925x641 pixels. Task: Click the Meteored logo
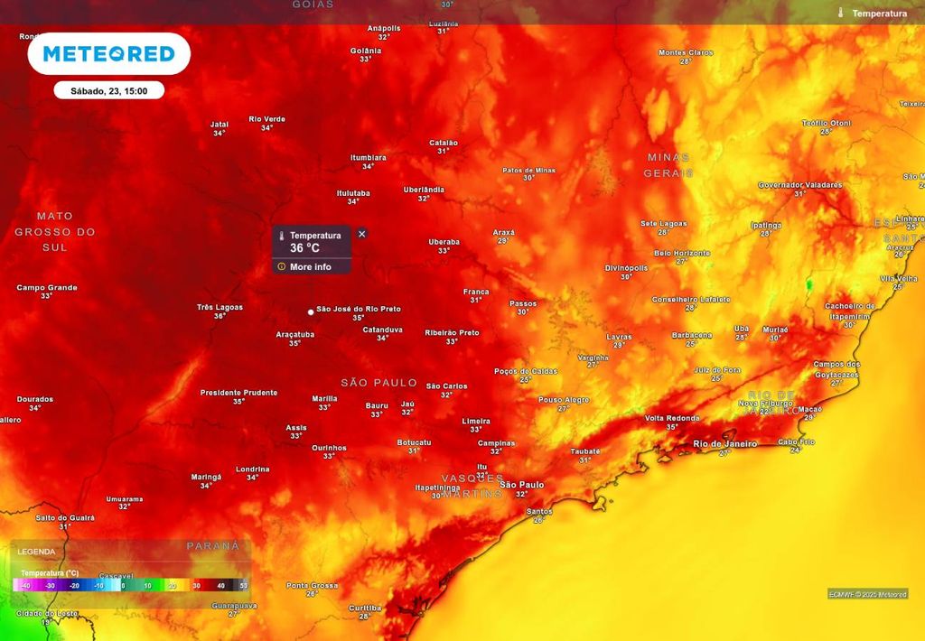tap(108, 54)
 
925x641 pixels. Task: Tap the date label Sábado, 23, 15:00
tap(108, 90)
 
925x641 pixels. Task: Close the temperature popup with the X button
tap(362, 234)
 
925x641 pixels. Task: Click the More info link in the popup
tap(310, 267)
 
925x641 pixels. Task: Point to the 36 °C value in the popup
tap(304, 248)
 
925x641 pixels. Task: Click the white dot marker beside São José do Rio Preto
tap(311, 312)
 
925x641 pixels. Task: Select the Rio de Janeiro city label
tap(724, 443)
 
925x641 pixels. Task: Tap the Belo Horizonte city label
tap(682, 254)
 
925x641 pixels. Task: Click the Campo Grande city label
tap(47, 288)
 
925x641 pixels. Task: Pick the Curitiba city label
tap(365, 608)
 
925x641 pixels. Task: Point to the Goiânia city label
tap(366, 51)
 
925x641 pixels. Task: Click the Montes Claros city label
tap(686, 52)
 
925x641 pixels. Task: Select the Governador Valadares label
tap(799, 185)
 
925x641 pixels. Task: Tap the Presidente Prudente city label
tap(238, 393)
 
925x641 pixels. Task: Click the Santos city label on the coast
tap(539, 512)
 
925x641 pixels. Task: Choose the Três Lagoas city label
tap(220, 307)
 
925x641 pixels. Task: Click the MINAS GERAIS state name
tap(668, 164)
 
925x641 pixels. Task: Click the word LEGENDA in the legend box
tap(37, 552)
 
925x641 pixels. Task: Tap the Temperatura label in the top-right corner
tap(879, 14)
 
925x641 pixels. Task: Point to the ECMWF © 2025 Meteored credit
tap(867, 593)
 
